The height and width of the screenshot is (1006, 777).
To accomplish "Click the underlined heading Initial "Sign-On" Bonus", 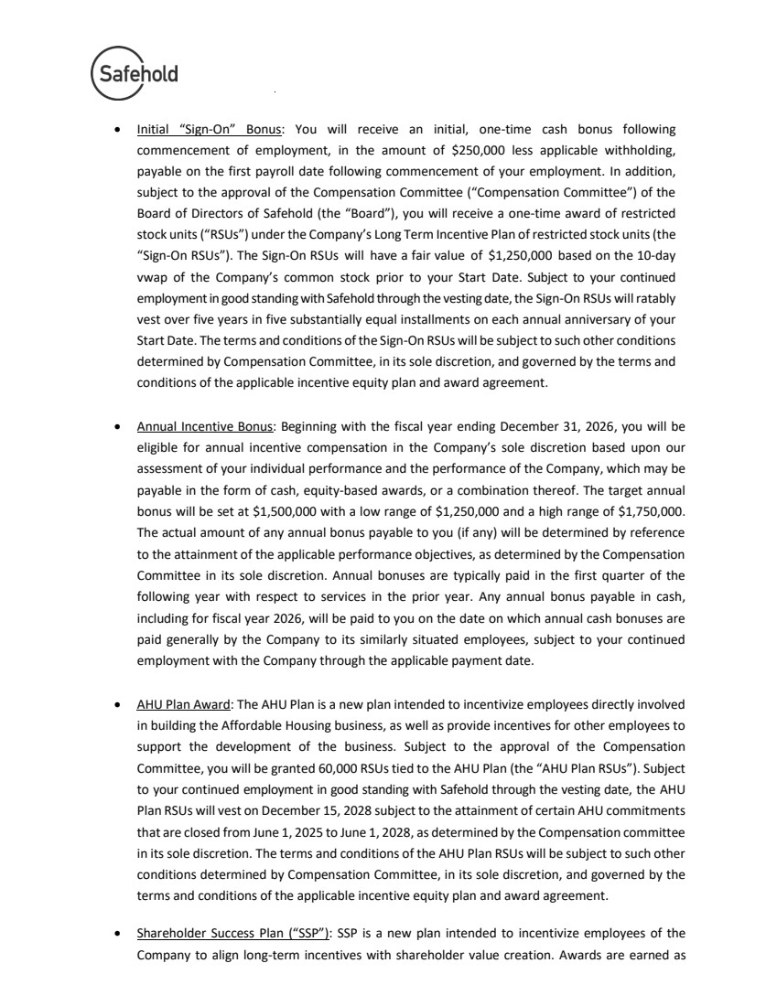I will coord(210,130).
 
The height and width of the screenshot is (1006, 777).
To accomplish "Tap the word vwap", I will coord(152,276).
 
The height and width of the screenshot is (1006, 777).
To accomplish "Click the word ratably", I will coord(654,298).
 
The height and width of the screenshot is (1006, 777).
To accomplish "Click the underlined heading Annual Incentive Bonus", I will coord(205,426).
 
